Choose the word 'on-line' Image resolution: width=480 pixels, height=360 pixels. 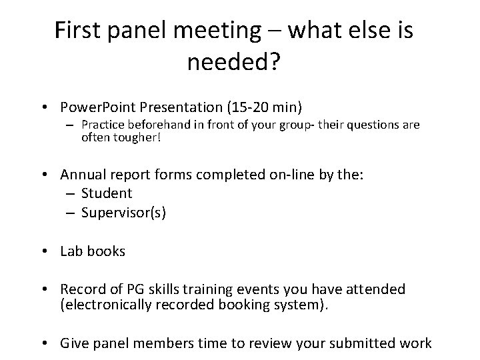[298, 175]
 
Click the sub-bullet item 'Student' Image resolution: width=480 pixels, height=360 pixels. [107, 193]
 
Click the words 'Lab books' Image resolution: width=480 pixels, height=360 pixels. [93, 251]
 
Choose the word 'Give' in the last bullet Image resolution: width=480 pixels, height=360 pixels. [74, 343]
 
